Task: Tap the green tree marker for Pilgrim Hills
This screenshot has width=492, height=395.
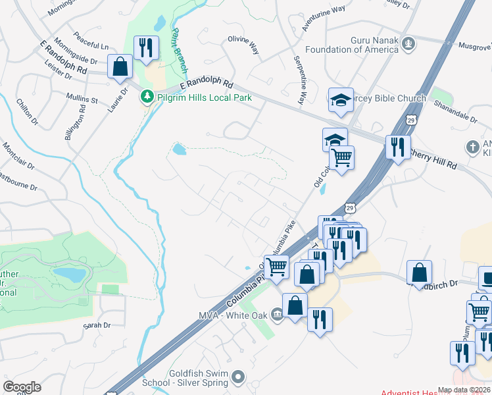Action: coord(145,97)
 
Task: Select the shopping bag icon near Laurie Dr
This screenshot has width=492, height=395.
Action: coord(120,66)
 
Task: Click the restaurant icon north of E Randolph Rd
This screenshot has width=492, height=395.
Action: coord(145,47)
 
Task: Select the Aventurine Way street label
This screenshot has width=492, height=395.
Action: coord(323,19)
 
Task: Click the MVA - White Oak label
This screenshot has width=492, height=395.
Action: coord(234,315)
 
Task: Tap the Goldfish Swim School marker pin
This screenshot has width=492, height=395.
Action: coord(238,378)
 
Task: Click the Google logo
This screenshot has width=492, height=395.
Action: coord(22,386)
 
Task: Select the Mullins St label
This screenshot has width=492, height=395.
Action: coord(82,100)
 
